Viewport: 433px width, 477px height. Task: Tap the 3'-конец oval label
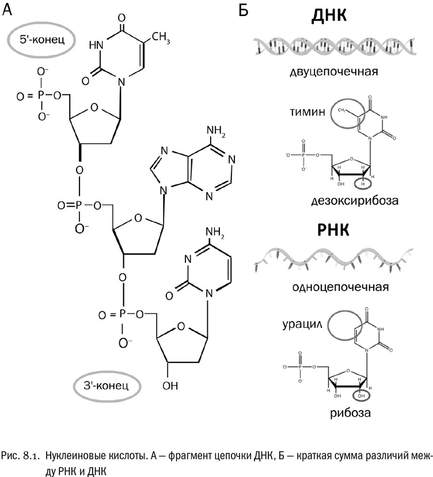coord(107,383)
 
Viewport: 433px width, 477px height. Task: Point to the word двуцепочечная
coord(334,72)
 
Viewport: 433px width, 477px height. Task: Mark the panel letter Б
coord(242,10)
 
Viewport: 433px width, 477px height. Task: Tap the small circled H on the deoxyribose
coord(363,184)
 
